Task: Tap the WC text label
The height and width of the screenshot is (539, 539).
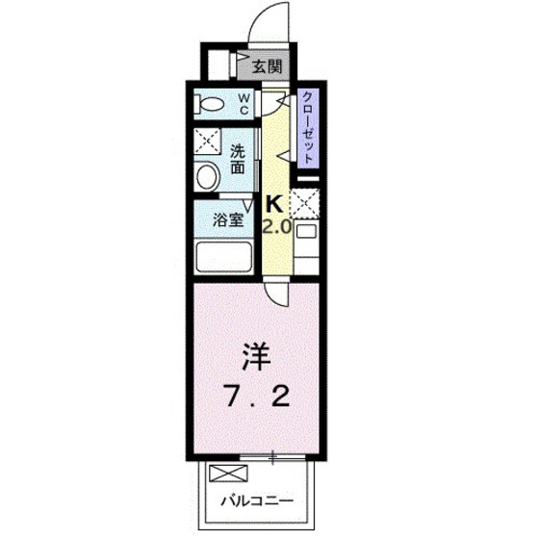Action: [x=244, y=103]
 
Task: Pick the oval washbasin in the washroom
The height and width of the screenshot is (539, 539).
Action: [x=207, y=176]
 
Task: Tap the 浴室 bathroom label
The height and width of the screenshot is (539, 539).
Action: [x=228, y=219]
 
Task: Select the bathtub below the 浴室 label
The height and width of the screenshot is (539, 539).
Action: [x=223, y=258]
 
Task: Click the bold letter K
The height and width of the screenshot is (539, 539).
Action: [x=273, y=204]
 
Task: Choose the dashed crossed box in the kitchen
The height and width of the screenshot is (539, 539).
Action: [x=305, y=204]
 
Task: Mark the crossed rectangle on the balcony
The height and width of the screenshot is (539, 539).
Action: [x=228, y=475]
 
